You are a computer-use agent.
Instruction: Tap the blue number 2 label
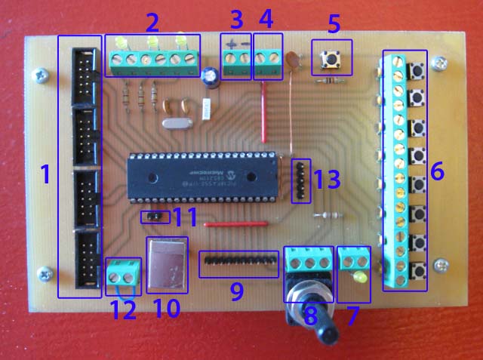(x=152, y=20)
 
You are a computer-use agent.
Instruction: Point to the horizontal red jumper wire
(x=236, y=224)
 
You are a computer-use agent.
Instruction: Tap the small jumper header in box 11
(x=154, y=217)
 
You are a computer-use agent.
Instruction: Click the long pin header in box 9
(x=237, y=263)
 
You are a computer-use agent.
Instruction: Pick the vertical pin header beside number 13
(x=300, y=180)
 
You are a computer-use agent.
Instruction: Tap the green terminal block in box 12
(x=125, y=270)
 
